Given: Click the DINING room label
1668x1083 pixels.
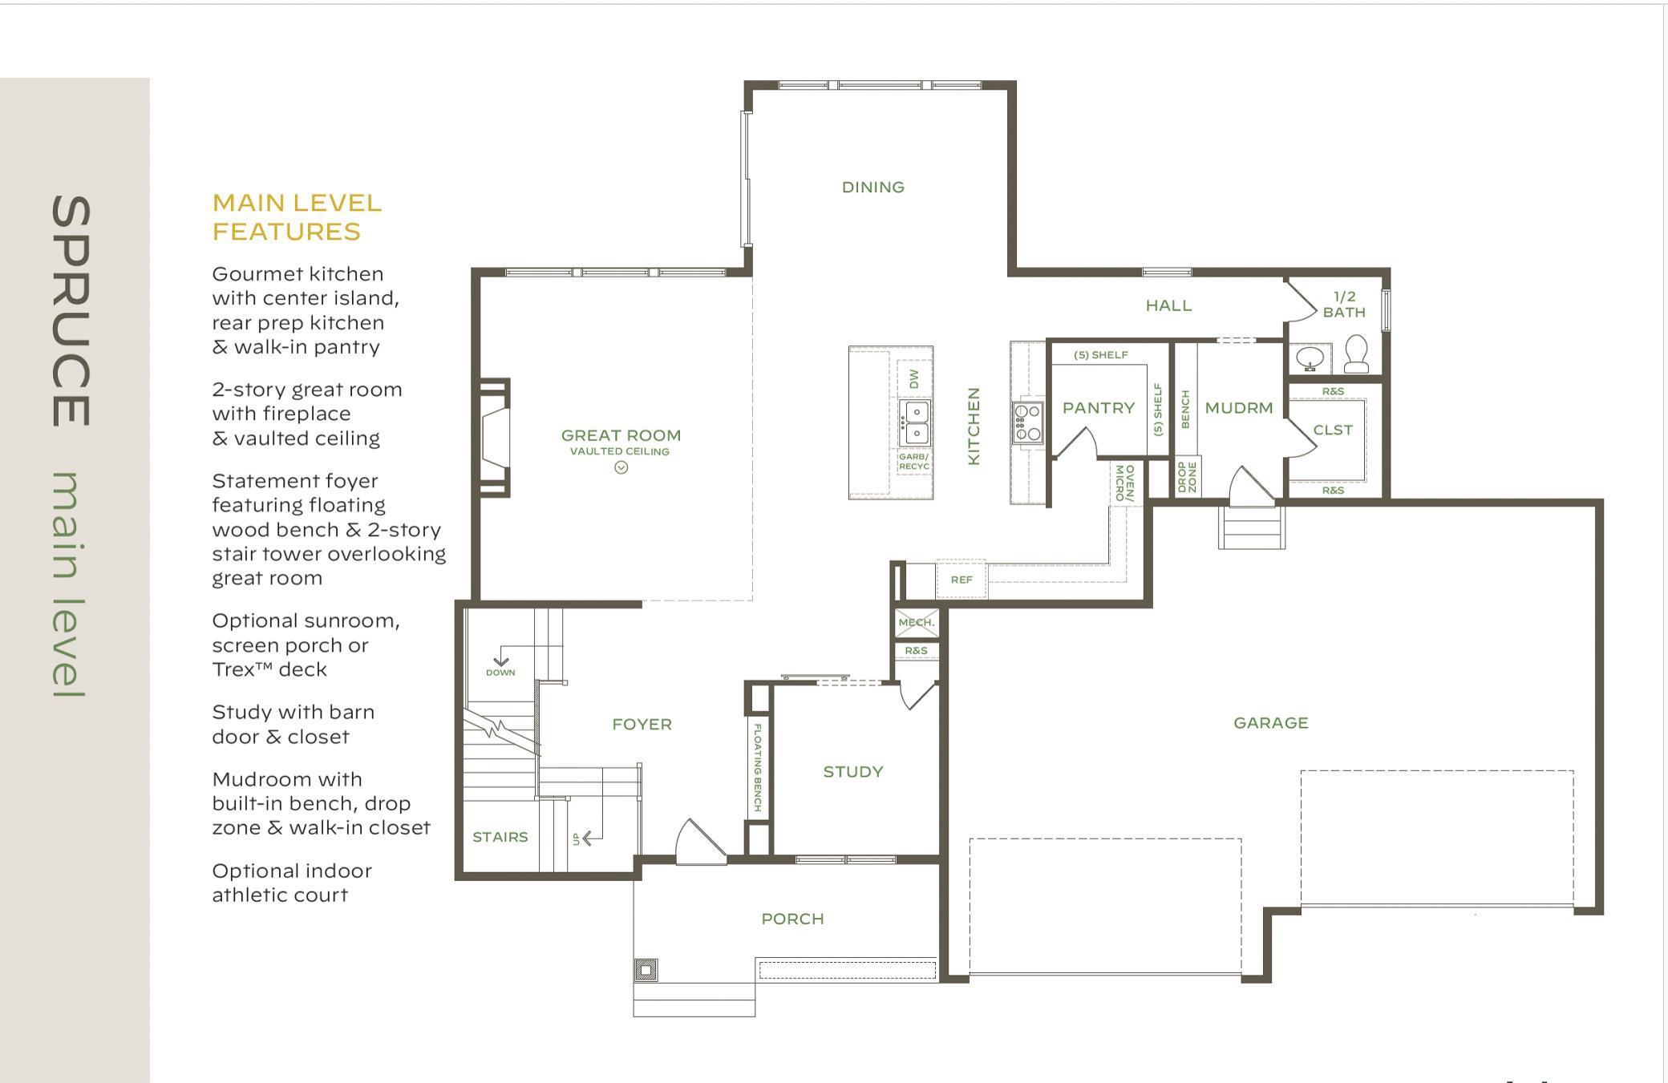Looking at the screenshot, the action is (x=872, y=187).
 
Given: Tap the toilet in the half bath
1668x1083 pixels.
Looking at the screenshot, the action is (x=1356, y=354).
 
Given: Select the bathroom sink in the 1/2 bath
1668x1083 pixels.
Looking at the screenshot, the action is (x=1310, y=358).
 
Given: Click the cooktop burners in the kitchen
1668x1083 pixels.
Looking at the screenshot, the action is (x=1027, y=423).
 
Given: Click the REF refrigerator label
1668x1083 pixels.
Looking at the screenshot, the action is (x=962, y=580).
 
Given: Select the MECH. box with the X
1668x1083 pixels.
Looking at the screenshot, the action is (x=917, y=623).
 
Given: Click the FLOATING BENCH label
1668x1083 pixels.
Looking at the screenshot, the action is (x=757, y=767).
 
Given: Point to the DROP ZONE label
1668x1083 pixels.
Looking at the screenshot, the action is (x=1188, y=476).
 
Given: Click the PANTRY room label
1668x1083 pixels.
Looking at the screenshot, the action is (x=1099, y=408).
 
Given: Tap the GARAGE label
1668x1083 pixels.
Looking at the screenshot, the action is (x=1271, y=723).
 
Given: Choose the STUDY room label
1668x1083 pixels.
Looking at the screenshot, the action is (x=853, y=772).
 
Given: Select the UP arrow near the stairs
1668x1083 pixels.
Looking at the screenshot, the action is (x=588, y=839).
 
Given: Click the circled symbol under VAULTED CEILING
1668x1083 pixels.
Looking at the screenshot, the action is (x=621, y=468).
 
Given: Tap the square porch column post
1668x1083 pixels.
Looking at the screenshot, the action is (x=646, y=970).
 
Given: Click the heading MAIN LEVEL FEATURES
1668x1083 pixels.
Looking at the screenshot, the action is (x=297, y=217).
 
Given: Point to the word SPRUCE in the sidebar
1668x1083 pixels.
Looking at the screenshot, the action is (x=71, y=311).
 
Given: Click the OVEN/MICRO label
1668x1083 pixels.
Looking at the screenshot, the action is (x=1124, y=483).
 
